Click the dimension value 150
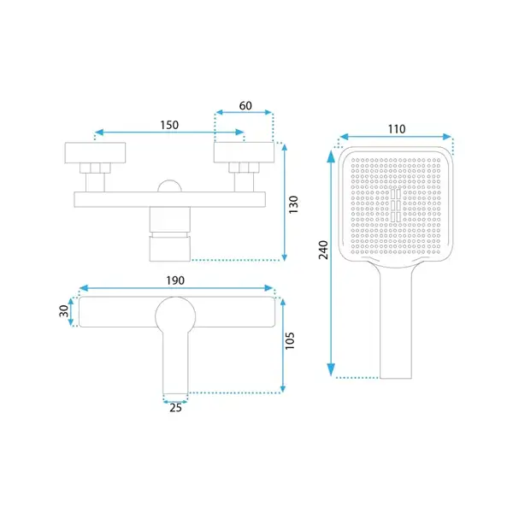click(x=169, y=125)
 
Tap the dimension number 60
click(x=245, y=106)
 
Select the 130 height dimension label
click(x=293, y=205)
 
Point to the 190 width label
click(x=175, y=280)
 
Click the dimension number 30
click(x=64, y=311)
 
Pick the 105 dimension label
click(x=290, y=340)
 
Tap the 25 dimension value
click(x=175, y=408)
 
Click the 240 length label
click(x=323, y=250)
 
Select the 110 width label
click(x=397, y=129)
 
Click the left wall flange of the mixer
click(x=95, y=152)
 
